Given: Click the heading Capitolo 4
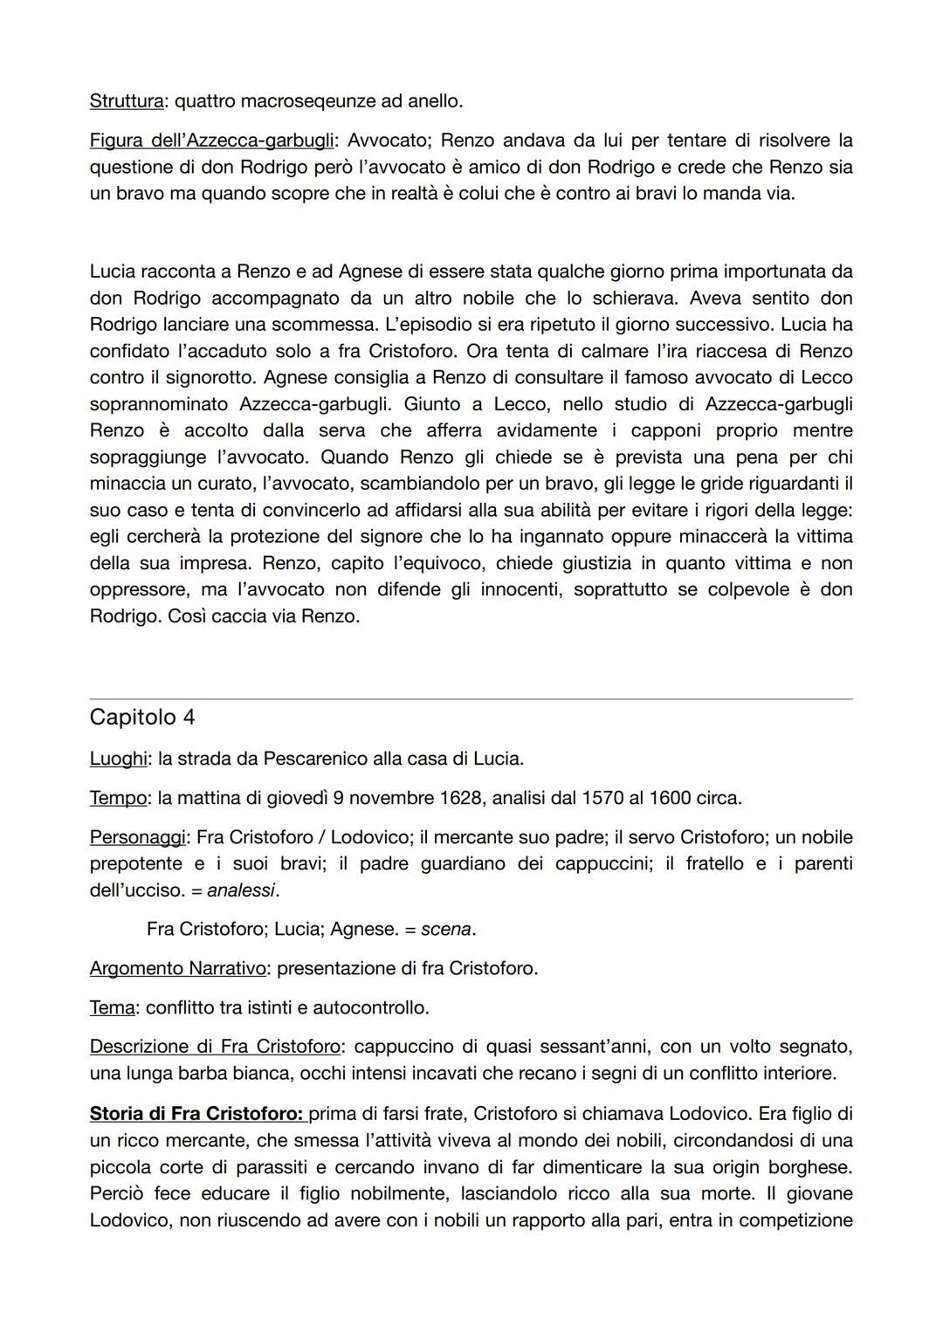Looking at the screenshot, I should [x=142, y=718].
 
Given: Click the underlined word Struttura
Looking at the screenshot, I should [x=127, y=101].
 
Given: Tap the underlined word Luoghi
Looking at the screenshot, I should [x=118, y=759].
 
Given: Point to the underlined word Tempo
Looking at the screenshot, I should [x=116, y=798].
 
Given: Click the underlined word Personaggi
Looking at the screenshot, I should [x=138, y=837].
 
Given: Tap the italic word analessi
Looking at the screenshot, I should [x=241, y=890].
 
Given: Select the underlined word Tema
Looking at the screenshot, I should [x=112, y=1008].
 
